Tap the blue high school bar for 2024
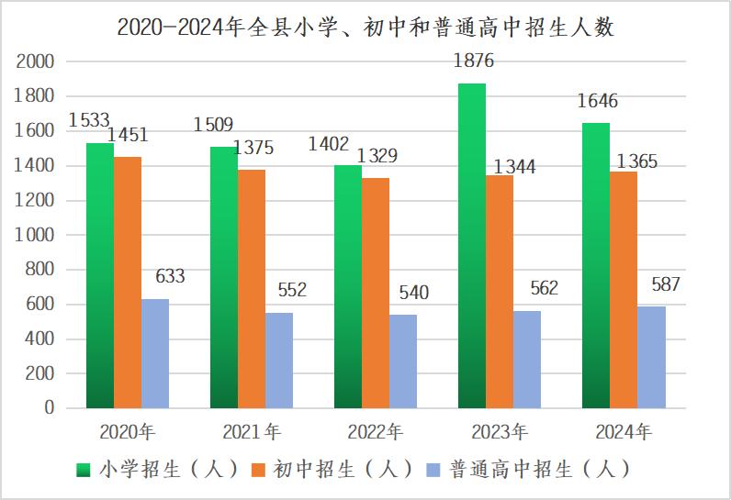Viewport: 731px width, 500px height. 651,357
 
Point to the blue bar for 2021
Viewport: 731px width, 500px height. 279,361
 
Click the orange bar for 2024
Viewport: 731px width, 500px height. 624,290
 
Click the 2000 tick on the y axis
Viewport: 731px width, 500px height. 37,61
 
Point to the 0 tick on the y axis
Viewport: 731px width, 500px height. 50,408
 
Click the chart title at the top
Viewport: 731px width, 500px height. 365,28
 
